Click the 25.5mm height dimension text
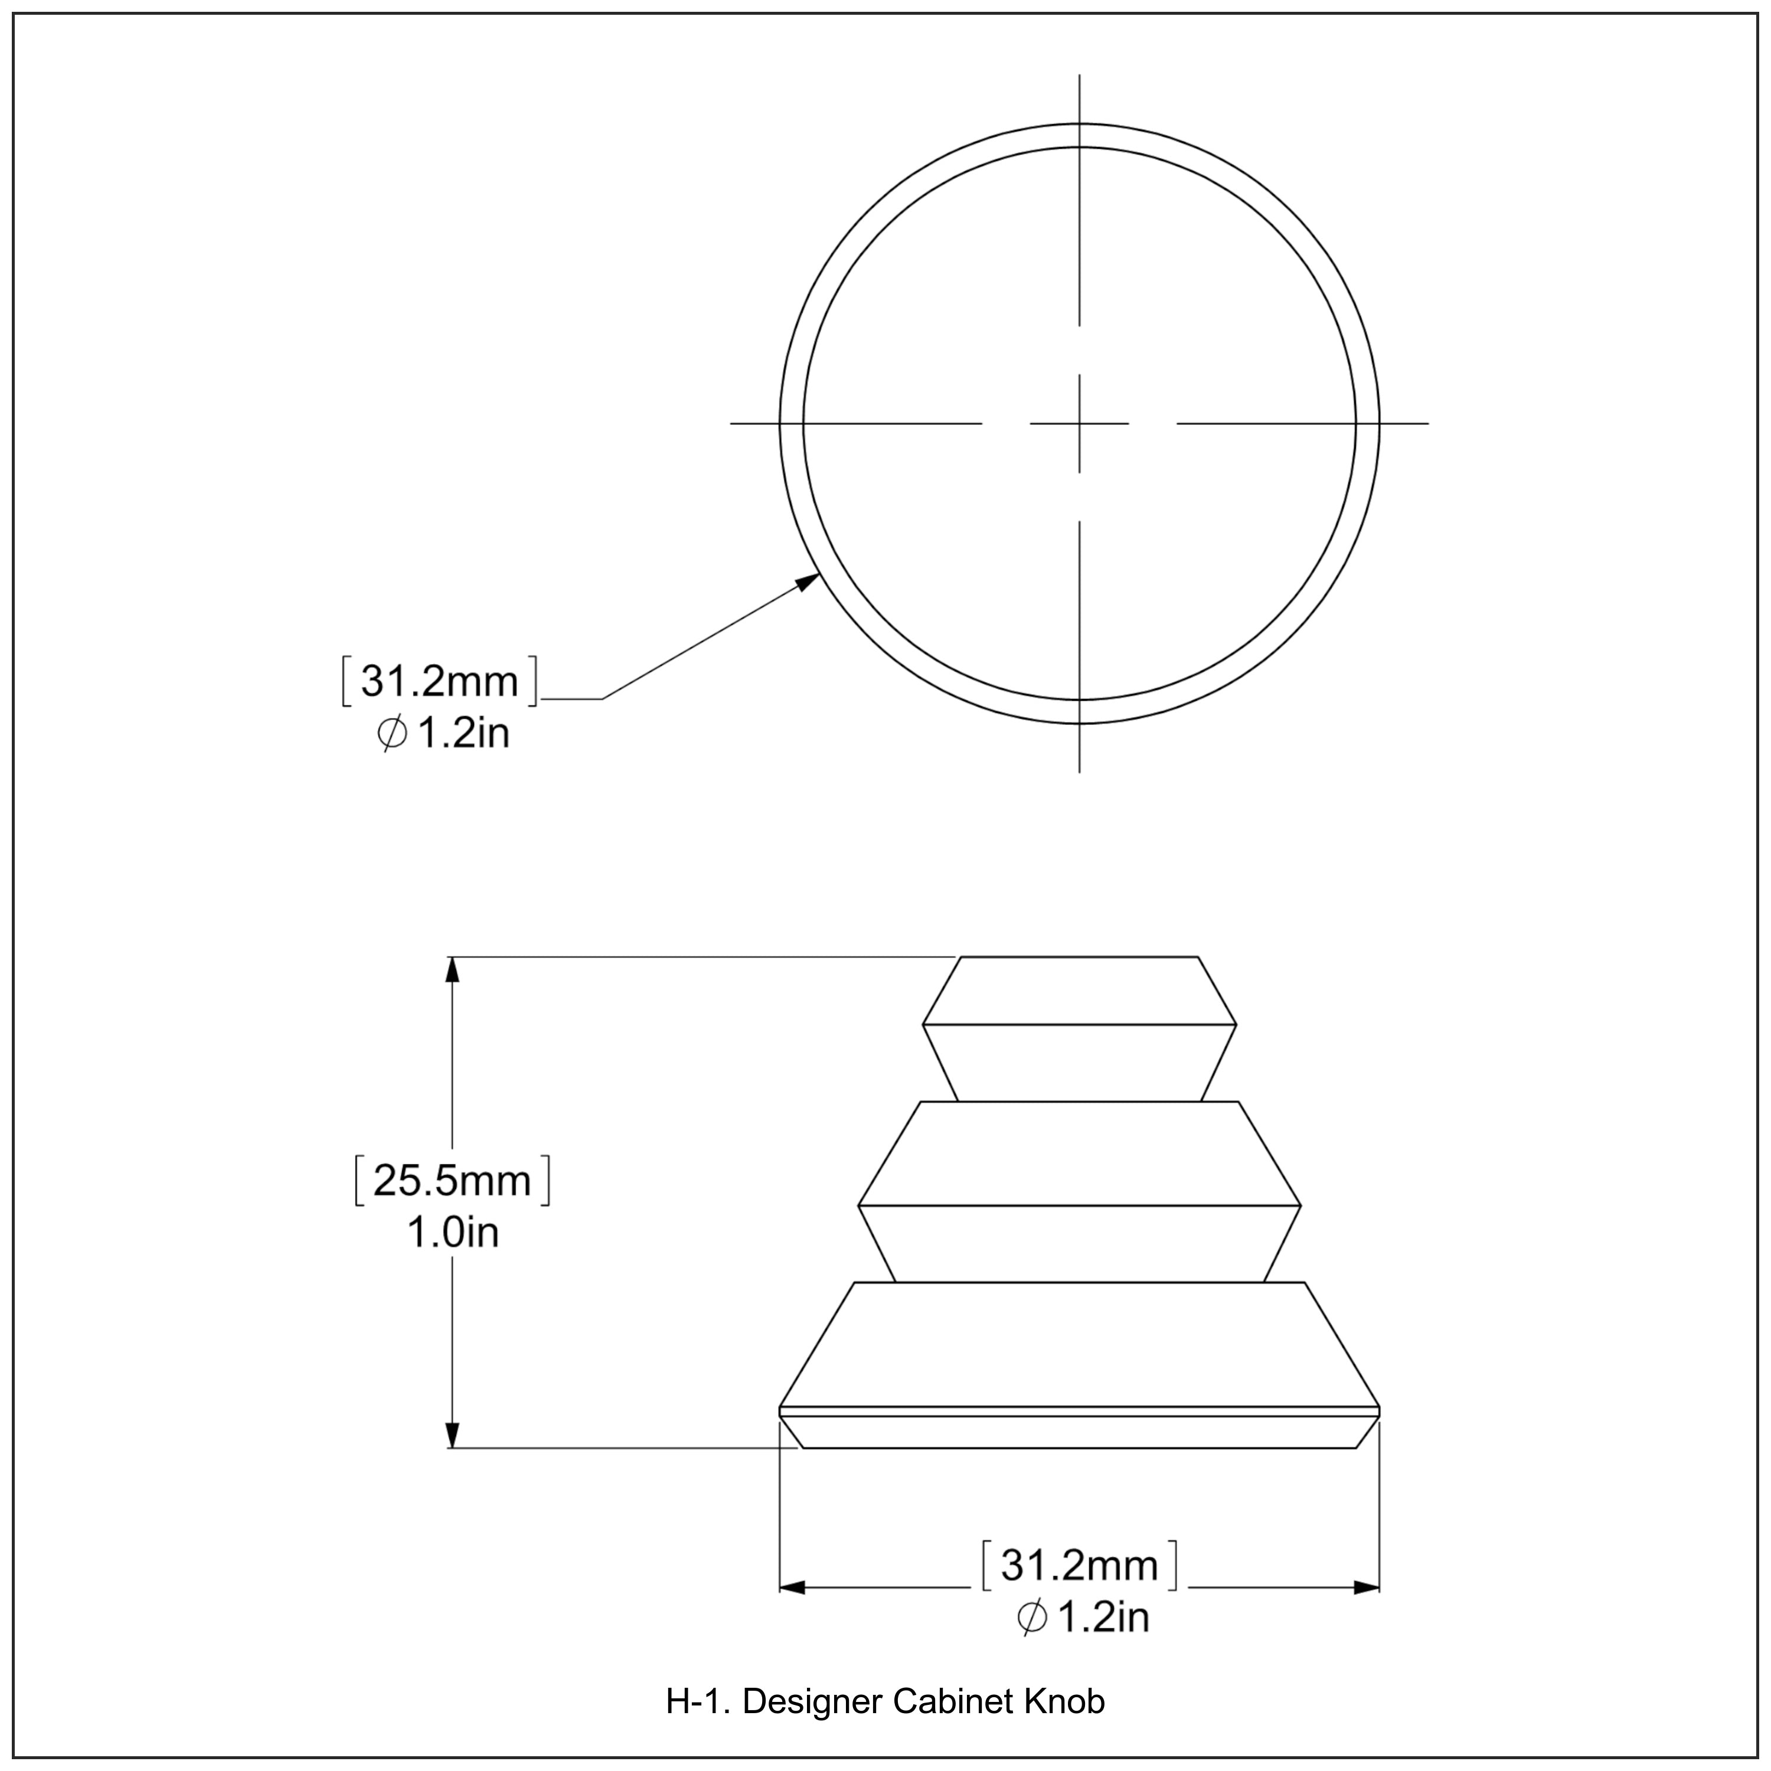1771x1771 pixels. pyautogui.click(x=452, y=1181)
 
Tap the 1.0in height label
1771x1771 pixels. pyautogui.click(x=452, y=1234)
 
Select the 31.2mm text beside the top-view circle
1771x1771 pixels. pyautogui.click(x=439, y=682)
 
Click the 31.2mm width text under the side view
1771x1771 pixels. pyautogui.click(x=1079, y=1566)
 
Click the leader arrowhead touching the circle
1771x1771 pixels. pyautogui.click(x=809, y=581)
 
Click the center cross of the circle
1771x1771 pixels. pyautogui.click(x=1079, y=423)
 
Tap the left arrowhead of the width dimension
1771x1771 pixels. pyautogui.click(x=792, y=1587)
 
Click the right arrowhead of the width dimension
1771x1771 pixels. pyautogui.click(x=1366, y=1587)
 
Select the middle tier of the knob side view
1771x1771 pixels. pyautogui.click(x=1079, y=1192)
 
